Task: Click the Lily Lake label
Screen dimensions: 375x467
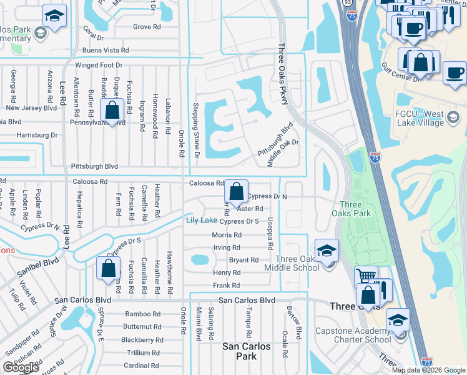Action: [201, 221]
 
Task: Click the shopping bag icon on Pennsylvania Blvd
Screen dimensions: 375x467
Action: [112, 111]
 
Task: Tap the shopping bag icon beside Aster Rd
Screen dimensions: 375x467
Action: [236, 191]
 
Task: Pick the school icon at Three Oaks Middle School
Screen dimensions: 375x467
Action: [327, 251]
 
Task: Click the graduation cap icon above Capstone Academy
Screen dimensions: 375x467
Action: [398, 321]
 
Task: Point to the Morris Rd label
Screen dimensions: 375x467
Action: [227, 235]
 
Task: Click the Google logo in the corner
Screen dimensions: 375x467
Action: [21, 367]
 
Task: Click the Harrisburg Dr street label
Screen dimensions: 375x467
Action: [37, 134]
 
